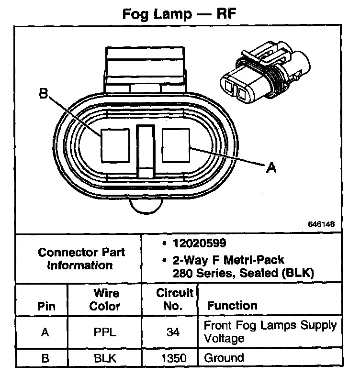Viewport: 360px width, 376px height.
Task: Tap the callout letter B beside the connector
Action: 44,95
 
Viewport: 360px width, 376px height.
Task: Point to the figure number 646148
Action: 321,224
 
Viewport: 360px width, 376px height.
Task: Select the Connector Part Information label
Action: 81,258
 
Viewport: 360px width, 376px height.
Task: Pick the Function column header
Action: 232,305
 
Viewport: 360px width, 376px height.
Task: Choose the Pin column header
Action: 46,306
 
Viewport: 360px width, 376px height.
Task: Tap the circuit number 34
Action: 174,332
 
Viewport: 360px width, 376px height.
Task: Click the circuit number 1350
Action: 174,358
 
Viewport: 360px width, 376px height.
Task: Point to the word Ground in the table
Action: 224,358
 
